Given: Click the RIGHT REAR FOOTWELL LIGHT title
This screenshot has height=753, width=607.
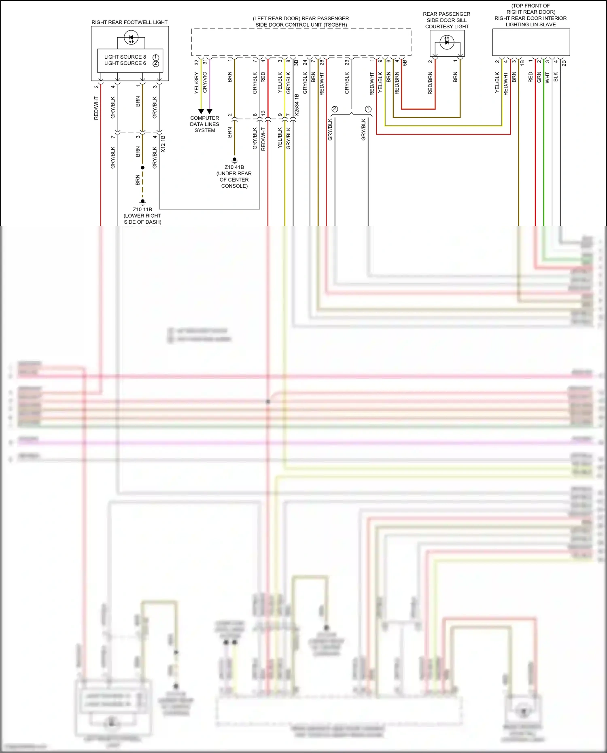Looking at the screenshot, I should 129,22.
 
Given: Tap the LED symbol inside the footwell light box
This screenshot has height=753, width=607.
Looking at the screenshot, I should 131,38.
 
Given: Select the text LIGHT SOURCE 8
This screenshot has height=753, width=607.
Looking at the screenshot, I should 125,57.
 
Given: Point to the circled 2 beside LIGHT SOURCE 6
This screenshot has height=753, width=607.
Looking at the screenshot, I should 156,64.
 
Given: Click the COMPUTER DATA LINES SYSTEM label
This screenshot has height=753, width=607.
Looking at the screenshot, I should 205,124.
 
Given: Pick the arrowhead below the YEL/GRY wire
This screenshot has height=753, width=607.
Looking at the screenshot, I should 201,111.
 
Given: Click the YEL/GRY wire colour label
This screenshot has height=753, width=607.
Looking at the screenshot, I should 197,83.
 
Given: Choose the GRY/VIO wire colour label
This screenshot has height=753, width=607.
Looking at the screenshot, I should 205,82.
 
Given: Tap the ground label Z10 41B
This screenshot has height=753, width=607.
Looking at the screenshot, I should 234,167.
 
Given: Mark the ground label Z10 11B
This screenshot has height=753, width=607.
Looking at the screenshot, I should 142,210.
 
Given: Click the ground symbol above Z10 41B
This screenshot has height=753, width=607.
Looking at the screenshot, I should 234,160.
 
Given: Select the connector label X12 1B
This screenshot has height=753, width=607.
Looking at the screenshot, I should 163,144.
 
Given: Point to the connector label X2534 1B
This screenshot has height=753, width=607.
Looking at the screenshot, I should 297,105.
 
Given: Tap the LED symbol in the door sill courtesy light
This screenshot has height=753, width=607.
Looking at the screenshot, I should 447,42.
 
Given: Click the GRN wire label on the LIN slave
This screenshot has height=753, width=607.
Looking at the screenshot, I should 539,77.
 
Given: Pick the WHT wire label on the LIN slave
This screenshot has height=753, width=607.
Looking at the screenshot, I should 548,78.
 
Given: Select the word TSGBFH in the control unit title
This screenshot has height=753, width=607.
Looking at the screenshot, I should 334,25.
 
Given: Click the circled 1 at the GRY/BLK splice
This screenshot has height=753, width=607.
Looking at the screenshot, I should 368,109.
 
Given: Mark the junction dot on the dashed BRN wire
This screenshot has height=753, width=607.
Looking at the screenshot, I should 142,168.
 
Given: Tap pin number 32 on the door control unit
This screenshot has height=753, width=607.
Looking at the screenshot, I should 197,62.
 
